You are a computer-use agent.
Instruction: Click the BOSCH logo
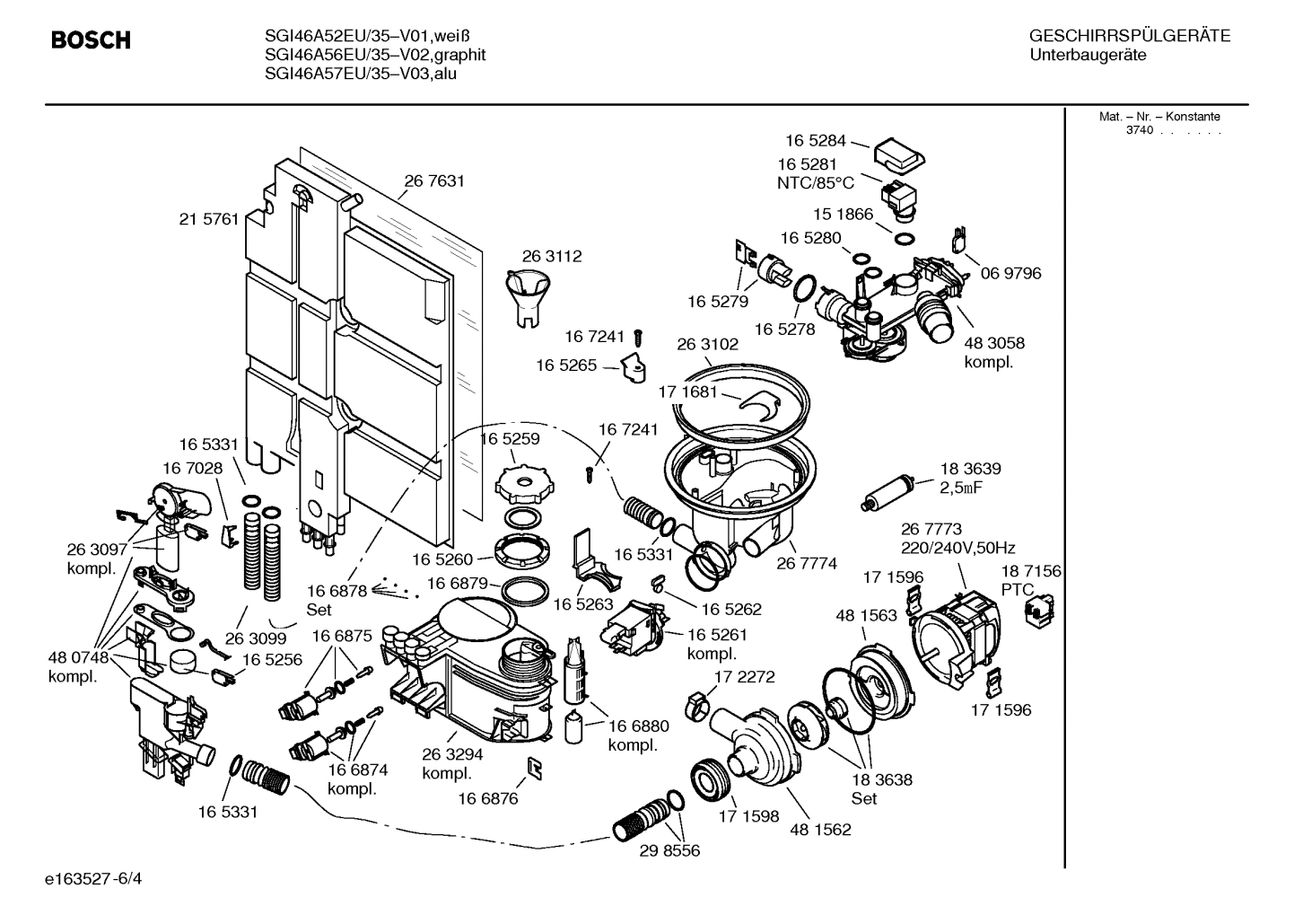(91, 40)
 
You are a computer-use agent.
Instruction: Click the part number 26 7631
(434, 181)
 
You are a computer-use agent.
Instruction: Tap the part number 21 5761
(209, 218)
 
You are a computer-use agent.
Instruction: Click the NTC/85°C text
(816, 183)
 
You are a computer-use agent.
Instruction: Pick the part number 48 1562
(820, 830)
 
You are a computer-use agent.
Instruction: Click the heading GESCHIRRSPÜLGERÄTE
(1129, 37)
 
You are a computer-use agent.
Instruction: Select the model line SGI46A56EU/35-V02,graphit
(375, 55)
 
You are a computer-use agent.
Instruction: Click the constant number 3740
(1139, 130)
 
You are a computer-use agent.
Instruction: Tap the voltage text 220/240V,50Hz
(957, 548)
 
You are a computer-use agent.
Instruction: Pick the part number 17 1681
(688, 392)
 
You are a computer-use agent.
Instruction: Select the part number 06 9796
(1010, 273)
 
